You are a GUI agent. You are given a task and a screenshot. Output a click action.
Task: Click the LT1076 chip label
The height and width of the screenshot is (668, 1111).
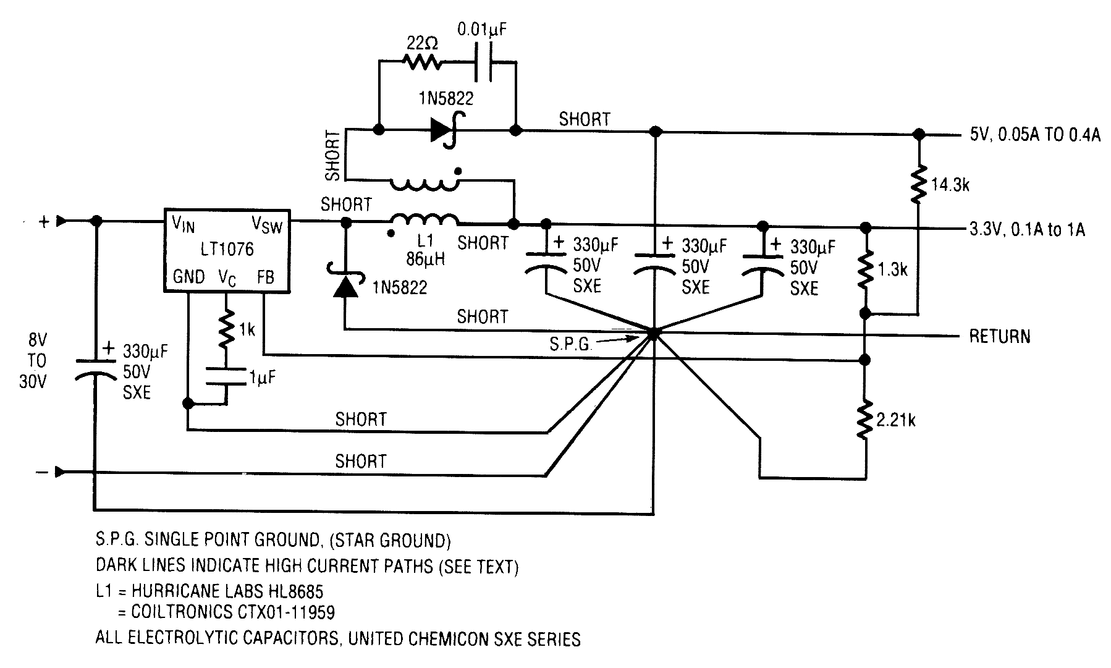227,250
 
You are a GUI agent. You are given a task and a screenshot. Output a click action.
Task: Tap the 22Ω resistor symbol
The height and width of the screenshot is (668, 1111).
421,62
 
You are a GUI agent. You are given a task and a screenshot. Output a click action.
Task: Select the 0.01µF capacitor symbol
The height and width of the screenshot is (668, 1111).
484,62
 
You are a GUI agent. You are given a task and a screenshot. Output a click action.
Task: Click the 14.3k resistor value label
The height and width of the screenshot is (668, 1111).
950,185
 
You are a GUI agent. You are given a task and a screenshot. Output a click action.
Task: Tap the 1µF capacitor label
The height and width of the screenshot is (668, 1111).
262,377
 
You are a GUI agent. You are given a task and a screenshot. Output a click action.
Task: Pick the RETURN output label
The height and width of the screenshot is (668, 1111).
999,337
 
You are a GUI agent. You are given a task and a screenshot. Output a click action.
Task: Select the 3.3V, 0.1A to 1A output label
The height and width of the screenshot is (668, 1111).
1026,230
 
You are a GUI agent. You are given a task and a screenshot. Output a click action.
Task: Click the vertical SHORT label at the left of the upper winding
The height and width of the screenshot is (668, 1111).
333,155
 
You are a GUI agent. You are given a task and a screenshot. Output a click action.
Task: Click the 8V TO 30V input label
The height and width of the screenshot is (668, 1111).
33,361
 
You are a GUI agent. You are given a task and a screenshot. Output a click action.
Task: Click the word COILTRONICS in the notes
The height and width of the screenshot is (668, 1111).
182,612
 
